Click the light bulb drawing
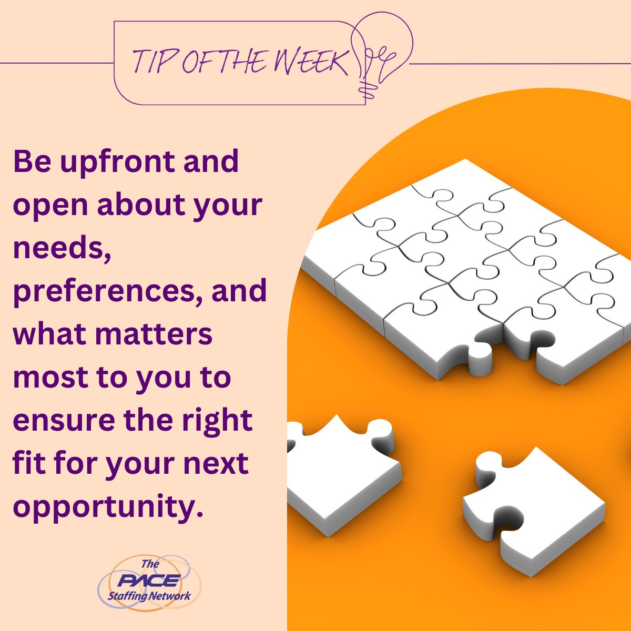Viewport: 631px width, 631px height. click(383, 50)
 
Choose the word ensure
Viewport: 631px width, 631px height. click(62, 421)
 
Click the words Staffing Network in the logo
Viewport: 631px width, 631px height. click(149, 596)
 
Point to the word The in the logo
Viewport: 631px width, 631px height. click(150, 564)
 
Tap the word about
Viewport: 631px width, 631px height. click(134, 206)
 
